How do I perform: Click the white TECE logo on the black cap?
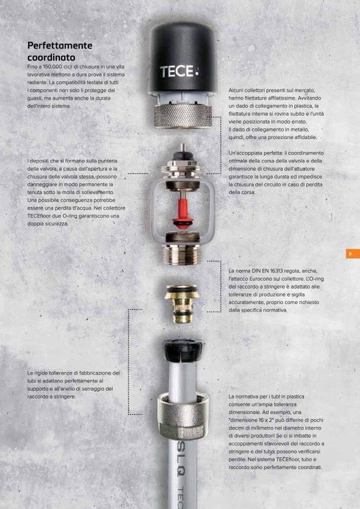point(179,72)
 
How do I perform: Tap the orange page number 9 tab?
point(353,254)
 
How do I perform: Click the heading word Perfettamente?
point(60,46)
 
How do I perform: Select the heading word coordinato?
point(52,57)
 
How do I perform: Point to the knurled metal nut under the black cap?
point(183,115)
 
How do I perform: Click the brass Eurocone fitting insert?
point(181,304)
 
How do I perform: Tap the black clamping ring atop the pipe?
point(183,350)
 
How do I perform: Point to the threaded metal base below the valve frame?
point(181,255)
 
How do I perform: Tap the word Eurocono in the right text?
point(259,279)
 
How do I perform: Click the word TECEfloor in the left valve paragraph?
point(38,216)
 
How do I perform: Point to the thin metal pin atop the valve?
point(183,148)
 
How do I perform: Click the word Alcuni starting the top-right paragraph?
point(236,90)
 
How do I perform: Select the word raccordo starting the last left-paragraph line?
point(38,396)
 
